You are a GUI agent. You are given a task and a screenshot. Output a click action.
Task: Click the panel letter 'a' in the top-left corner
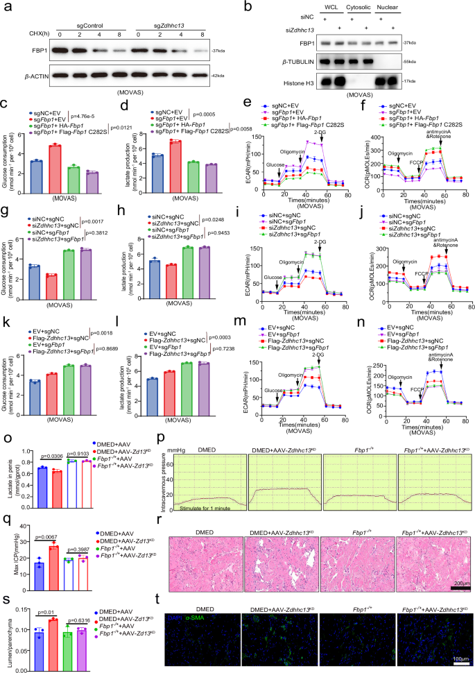[x=6, y=6]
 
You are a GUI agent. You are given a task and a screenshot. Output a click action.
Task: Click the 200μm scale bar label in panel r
[x=459, y=583]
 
